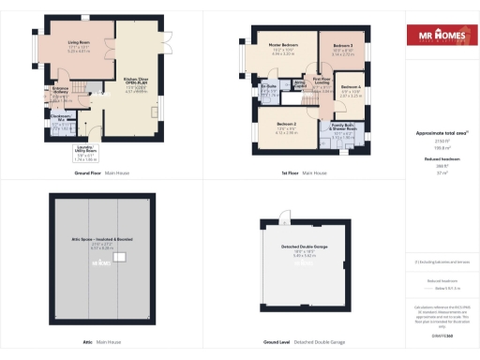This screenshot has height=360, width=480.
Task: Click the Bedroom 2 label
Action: [287, 126]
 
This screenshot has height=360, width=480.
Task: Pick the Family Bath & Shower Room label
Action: [344, 132]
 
